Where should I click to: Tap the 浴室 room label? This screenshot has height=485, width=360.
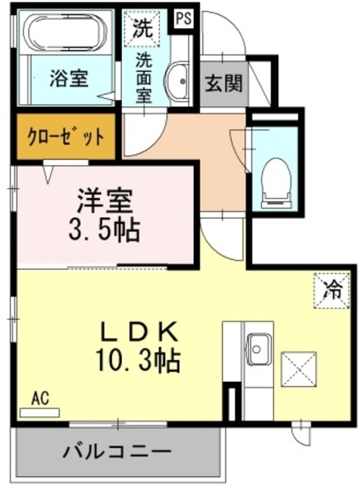pos(67,78)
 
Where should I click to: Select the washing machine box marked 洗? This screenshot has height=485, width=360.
pos(142,30)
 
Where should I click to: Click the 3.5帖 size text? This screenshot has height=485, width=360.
pos(107,230)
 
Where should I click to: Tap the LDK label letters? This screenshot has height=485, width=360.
pos(140,331)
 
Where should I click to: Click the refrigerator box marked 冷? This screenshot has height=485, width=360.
pos(332,288)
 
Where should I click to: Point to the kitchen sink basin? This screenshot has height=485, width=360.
pos(258,349)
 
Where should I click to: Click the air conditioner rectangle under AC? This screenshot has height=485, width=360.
pos(39,412)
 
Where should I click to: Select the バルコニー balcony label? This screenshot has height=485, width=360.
pos(116,452)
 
